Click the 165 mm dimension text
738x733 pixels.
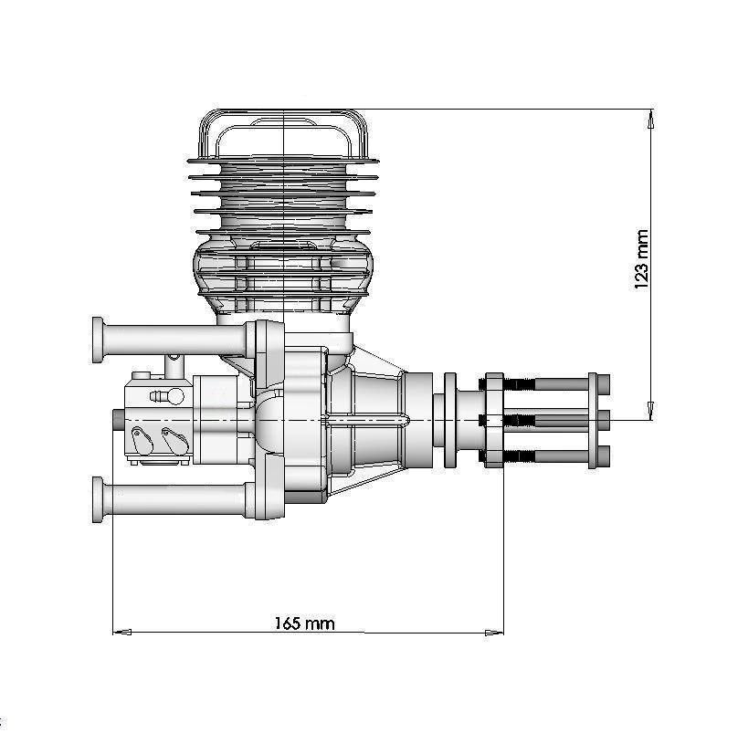pyautogui.click(x=304, y=623)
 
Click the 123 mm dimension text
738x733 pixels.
pyautogui.click(x=642, y=259)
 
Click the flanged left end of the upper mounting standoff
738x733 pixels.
pyautogui.click(x=98, y=340)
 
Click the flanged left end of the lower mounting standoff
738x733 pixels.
pyautogui.click(x=98, y=498)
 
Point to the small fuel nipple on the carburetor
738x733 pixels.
pyautogui.click(x=162, y=396)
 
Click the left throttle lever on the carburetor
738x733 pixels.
pyautogui.click(x=140, y=439)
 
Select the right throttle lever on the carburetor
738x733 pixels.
pyautogui.click(x=171, y=438)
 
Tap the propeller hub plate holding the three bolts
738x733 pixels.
pyautogui.click(x=493, y=420)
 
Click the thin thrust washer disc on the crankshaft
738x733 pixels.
pyautogui.click(x=449, y=420)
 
